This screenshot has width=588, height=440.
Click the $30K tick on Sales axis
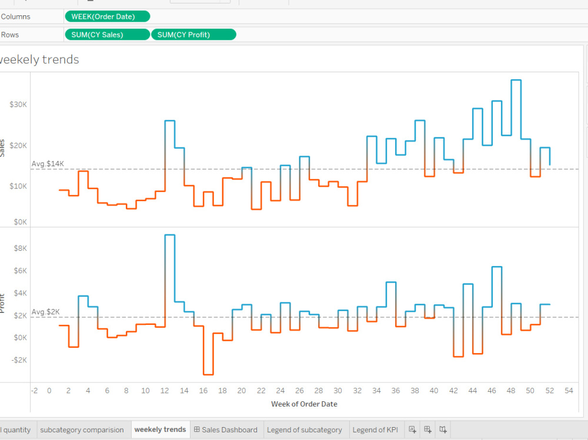(x=18, y=105)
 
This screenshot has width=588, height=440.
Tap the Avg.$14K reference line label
(x=48, y=164)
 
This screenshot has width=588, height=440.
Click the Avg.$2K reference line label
(x=46, y=312)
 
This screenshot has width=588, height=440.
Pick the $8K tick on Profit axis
(x=20, y=248)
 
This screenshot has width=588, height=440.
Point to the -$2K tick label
(x=19, y=360)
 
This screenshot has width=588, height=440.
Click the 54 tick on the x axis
(x=569, y=391)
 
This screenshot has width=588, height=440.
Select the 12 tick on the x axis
(x=165, y=391)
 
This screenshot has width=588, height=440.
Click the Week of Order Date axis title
(x=304, y=404)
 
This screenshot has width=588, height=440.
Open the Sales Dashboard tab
(x=226, y=430)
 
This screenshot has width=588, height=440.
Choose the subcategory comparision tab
(x=82, y=430)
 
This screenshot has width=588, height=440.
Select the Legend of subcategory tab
(x=304, y=430)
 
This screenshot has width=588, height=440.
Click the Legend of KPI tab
(x=375, y=430)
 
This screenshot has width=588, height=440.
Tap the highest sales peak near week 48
(x=516, y=80)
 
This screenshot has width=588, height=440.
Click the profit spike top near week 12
(x=169, y=235)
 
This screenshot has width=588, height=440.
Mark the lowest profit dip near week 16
(x=208, y=374)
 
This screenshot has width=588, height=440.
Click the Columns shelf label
(x=16, y=16)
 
